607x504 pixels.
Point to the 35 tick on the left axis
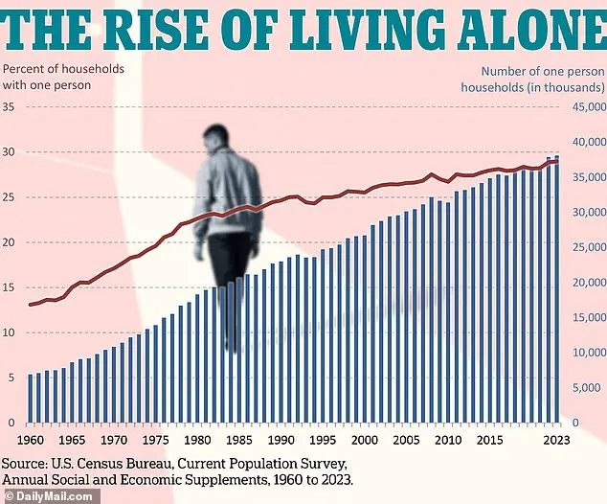[x=10, y=106]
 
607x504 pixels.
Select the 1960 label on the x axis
[x=31, y=440]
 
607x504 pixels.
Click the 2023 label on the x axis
[x=557, y=440]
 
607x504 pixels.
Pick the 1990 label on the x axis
[x=280, y=440]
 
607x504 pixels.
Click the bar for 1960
[x=31, y=398]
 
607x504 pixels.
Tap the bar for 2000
[x=364, y=329]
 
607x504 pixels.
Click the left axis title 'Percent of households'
[x=63, y=69]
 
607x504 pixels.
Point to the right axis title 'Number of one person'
[x=544, y=71]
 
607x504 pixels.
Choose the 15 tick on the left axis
[x=10, y=287]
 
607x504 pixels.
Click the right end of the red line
[x=557, y=160]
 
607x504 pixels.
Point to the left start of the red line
[x=30, y=305]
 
